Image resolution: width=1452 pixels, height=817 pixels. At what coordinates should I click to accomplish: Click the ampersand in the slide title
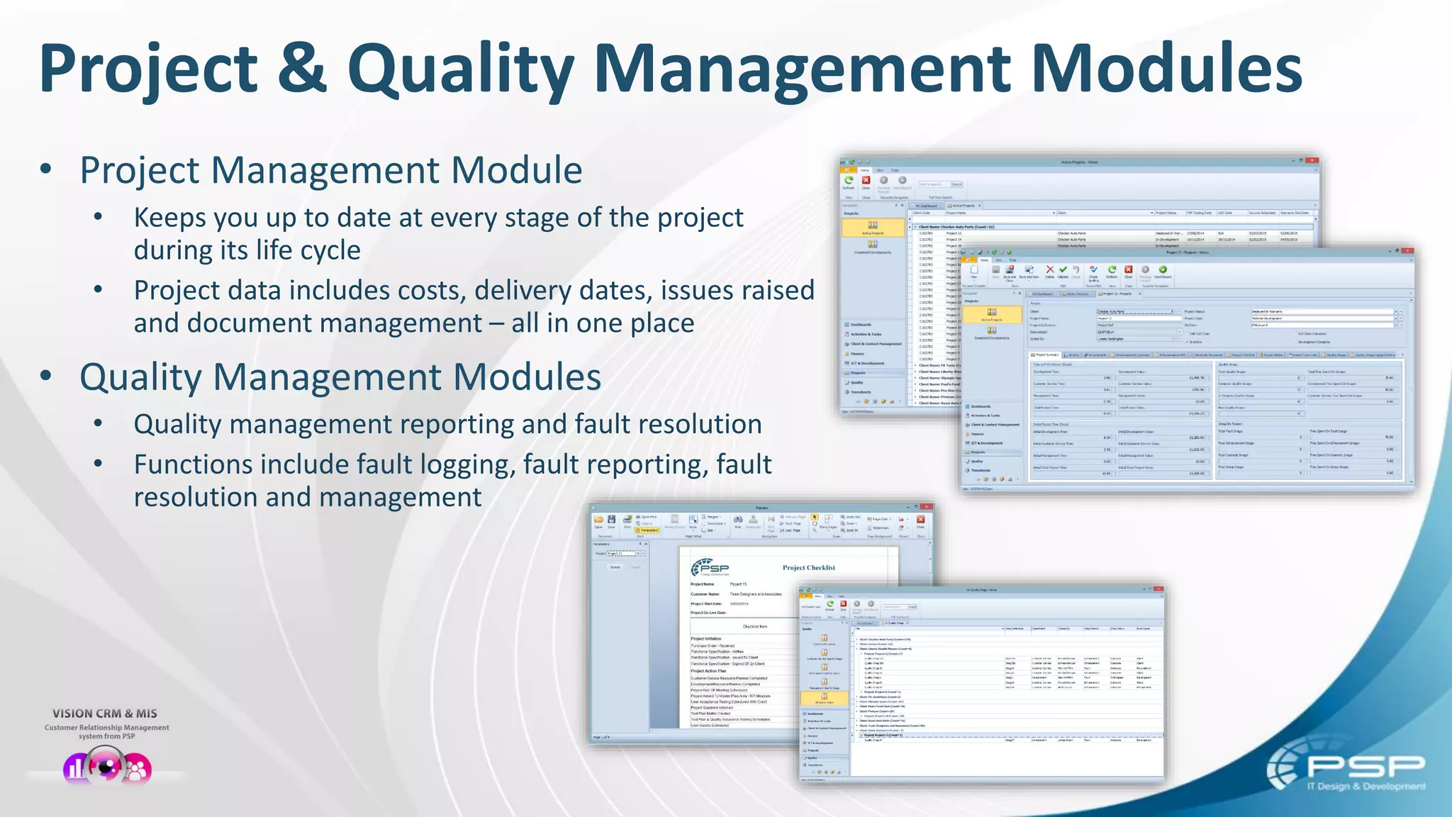tap(302, 69)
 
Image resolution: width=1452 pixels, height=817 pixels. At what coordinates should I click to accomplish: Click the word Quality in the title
tap(460, 69)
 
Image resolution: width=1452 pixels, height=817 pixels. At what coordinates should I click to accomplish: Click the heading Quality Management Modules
tap(340, 377)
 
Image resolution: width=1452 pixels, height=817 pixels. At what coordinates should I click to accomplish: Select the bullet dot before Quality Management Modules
tap(46, 376)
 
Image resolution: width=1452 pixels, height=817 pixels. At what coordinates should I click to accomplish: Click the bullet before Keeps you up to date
tap(98, 217)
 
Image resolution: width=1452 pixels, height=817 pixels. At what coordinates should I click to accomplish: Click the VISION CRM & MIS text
tap(105, 713)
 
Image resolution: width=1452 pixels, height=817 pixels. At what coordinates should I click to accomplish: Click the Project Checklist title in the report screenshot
tap(808, 567)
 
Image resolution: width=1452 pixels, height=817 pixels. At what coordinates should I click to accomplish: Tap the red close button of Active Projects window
tap(1312, 161)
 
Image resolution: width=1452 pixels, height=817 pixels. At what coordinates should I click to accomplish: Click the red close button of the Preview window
tap(926, 507)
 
